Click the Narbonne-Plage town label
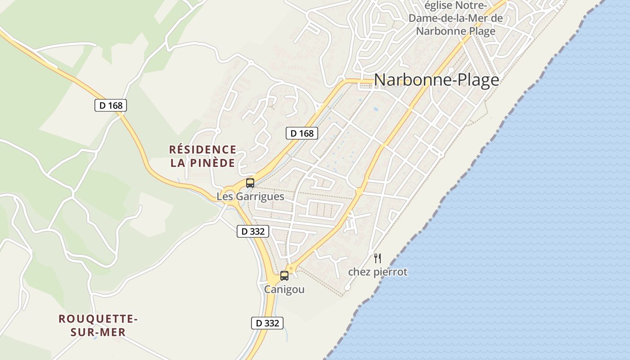point(436,80)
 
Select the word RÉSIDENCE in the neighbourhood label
point(202,149)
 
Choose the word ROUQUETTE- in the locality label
point(98,319)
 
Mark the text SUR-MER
point(98,333)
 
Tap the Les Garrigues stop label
point(250,197)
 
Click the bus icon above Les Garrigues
point(250,183)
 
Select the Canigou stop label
point(284,289)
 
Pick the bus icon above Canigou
point(284,275)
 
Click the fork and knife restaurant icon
point(378,258)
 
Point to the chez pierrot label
point(378,272)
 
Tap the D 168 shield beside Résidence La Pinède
point(302,133)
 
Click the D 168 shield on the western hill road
point(111,106)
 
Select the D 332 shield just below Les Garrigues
point(253,231)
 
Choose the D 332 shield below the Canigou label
point(267,323)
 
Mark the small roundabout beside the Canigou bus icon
point(292,269)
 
